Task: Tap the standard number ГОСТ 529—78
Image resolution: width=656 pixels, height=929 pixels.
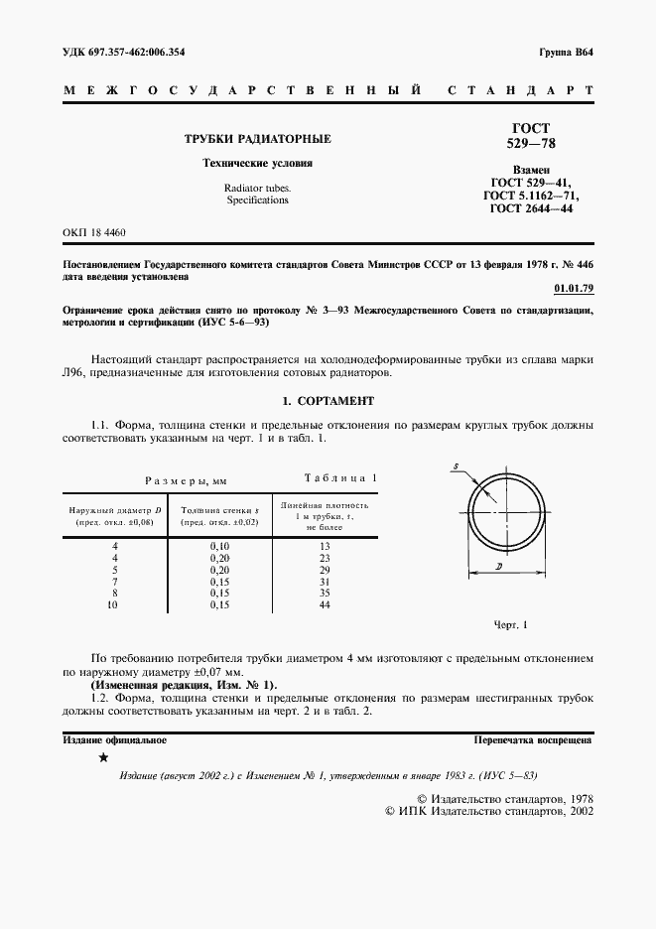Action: point(530,136)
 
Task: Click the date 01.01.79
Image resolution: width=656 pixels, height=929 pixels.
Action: point(573,289)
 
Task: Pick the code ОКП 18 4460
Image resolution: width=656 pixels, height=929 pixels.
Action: point(94,232)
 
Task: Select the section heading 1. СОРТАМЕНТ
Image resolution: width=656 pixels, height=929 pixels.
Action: point(328,401)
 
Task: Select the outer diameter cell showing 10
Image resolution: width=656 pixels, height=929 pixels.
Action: point(114,604)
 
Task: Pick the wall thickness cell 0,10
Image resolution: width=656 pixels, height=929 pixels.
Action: point(219,547)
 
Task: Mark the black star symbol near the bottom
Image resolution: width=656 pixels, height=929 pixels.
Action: point(103,758)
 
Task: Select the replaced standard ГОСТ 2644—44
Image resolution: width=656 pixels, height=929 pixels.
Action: point(530,209)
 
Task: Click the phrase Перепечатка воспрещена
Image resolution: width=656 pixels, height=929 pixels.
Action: point(533,739)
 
